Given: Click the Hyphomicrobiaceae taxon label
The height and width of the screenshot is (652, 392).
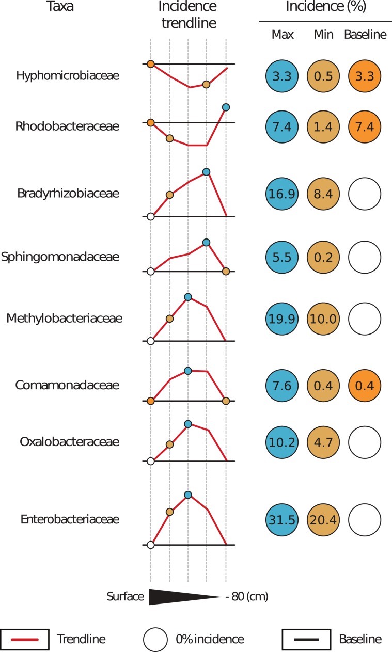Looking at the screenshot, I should click(68, 76).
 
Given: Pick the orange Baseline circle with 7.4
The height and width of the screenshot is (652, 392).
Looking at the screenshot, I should click(365, 126).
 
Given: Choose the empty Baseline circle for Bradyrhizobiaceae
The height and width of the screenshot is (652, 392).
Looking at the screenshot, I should click(365, 194).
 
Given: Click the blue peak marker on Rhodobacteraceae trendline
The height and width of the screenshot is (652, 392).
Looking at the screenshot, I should click(226, 107).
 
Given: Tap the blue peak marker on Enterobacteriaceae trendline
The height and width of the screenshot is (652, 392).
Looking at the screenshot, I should click(188, 495).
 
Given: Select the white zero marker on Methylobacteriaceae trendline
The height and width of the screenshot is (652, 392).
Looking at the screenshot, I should click(151, 341).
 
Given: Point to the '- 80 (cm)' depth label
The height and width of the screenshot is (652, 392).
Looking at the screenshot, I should click(247, 597).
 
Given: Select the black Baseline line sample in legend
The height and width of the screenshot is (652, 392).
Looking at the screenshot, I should click(306, 640).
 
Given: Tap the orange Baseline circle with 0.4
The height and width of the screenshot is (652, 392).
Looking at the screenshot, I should click(365, 386).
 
